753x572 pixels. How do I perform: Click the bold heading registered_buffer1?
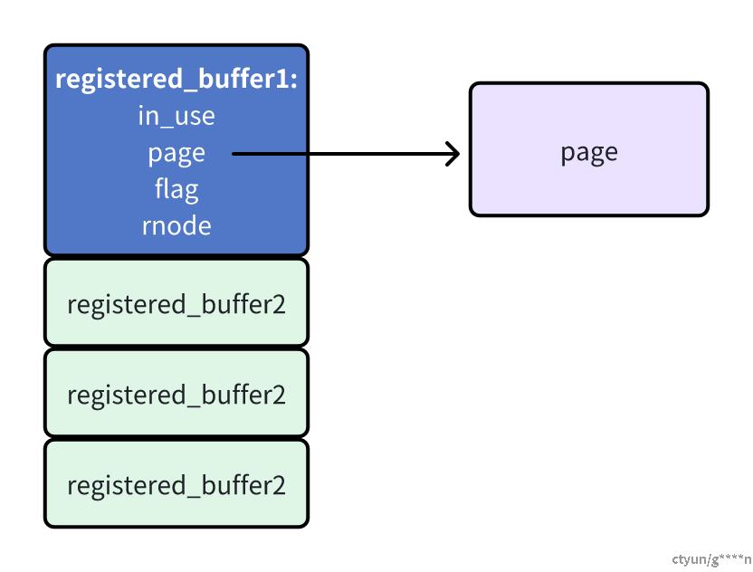176,79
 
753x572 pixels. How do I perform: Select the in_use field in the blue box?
176,116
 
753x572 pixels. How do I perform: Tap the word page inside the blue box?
176,154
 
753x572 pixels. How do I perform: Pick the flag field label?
176,189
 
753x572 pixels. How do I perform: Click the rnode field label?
176,225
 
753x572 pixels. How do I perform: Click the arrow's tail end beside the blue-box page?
233,154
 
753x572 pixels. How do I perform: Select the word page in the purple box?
589,153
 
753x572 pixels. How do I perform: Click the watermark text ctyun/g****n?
711,559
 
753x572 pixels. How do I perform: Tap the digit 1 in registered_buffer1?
281,78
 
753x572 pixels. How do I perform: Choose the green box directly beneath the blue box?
176,302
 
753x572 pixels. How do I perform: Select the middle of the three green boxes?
176,393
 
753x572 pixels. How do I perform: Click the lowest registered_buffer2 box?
176,483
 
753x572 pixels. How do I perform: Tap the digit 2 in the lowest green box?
279,485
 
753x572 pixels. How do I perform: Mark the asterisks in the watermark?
731,557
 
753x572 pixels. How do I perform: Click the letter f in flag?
159,187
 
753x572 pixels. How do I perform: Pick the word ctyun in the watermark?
689,560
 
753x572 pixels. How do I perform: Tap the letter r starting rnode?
146,227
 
